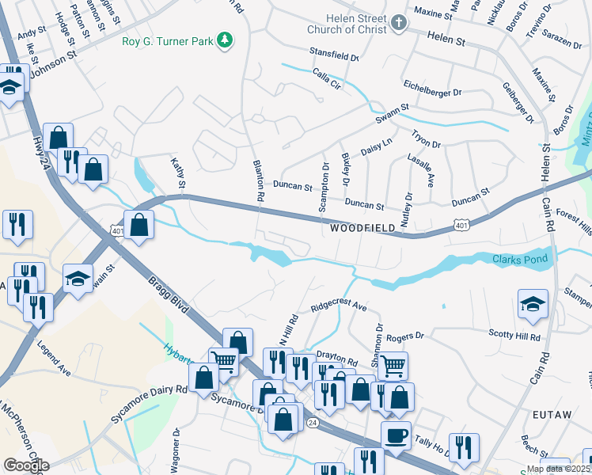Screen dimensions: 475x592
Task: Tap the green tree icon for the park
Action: coord(226,39)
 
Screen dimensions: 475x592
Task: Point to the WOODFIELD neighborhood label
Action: coord(362,228)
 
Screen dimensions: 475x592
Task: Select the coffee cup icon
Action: coord(396,435)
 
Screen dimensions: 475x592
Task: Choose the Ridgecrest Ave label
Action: coord(339,306)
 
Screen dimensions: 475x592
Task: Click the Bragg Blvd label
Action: coord(168,294)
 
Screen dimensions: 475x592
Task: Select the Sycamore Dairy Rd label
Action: coord(149,404)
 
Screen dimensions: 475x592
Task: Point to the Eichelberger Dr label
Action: coord(432,93)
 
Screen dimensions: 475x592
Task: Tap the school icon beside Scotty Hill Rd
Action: coord(533,303)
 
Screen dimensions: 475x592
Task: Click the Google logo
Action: coord(25,465)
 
